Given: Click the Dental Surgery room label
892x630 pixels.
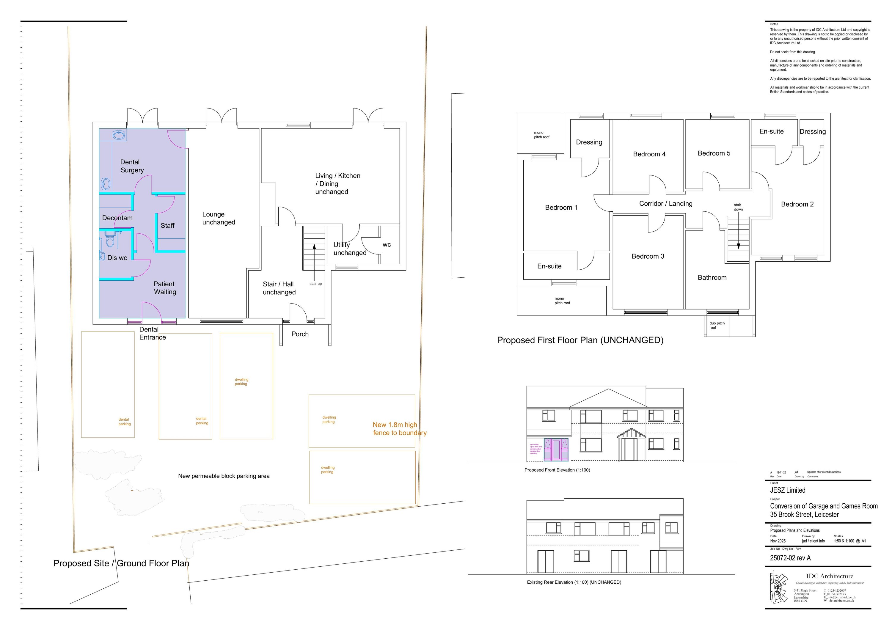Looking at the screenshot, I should pos(131,166).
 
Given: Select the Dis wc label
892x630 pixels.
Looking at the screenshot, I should pos(117,258).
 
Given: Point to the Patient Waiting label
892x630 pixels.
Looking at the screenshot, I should pos(164,288).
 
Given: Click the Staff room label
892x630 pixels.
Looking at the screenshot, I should pos(167,226).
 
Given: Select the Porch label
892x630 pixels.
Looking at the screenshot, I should pos(300,334).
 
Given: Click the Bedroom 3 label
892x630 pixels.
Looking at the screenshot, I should pos(648,256).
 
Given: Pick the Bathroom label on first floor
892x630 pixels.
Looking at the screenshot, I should pos(712,278).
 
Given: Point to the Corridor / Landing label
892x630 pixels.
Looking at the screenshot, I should pos(665,204).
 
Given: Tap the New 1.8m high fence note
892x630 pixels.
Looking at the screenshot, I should pos(399,429).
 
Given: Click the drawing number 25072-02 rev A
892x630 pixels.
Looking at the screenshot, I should pos(790,558).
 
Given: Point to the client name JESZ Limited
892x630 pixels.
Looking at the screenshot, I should pos(788,491).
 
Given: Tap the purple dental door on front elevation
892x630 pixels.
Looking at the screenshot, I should pos(556,450).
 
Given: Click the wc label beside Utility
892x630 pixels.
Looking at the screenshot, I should pos(387,245).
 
